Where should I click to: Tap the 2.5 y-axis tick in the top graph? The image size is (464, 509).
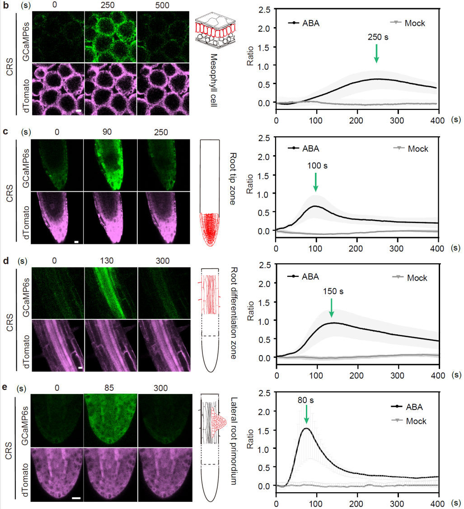(x=265, y=10)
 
